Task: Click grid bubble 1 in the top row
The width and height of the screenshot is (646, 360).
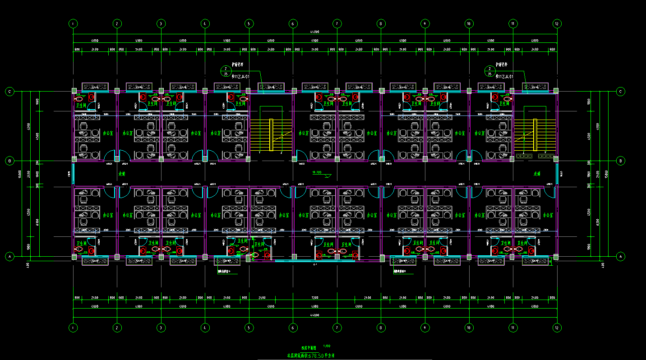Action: (73, 23)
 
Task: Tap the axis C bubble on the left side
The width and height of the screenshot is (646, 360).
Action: (9, 92)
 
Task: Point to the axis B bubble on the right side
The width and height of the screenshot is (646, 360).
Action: (621, 160)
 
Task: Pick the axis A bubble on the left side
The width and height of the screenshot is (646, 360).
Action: (9, 256)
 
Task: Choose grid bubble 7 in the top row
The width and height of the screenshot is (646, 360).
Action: (336, 23)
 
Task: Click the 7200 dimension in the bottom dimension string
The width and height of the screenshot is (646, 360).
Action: (314, 298)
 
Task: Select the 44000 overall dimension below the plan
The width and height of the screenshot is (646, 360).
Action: (314, 314)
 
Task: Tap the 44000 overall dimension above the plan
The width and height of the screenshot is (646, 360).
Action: (314, 32)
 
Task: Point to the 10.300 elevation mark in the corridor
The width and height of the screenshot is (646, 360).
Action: (317, 172)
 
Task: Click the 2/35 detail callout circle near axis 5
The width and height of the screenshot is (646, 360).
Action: (226, 70)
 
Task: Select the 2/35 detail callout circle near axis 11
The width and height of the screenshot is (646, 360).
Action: (489, 70)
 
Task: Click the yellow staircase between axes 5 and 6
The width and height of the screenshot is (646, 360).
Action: (271, 135)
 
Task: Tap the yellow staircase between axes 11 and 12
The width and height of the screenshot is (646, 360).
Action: (535, 135)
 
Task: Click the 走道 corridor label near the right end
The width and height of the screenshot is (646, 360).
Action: (537, 173)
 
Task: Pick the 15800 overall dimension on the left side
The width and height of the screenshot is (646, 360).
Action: (20, 174)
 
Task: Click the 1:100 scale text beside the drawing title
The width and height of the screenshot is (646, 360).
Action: (327, 346)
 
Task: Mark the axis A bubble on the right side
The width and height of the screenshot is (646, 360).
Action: (621, 256)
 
